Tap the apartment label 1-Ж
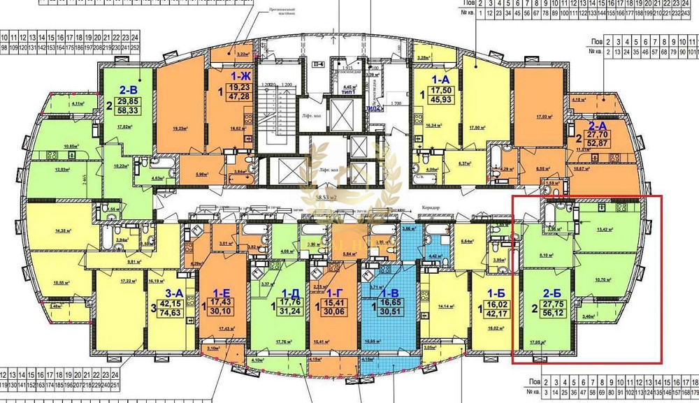tap(243, 75)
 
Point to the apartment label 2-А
tap(600, 127)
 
